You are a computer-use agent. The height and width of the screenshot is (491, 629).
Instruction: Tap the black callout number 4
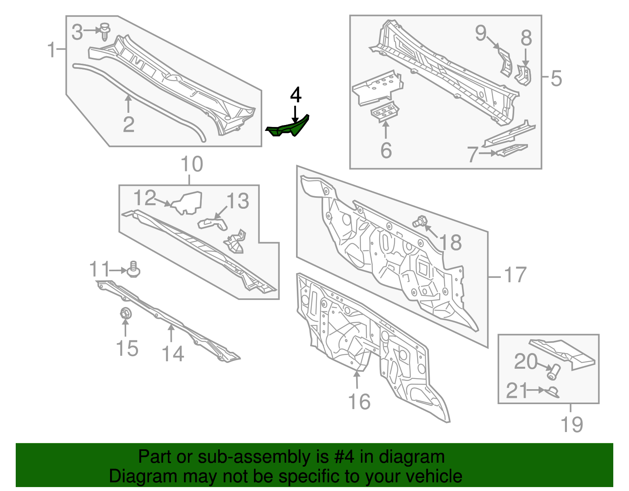[x=296, y=96]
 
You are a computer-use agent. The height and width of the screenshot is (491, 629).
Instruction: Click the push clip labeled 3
[x=105, y=31]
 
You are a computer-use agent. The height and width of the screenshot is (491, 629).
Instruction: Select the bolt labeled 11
[x=134, y=269]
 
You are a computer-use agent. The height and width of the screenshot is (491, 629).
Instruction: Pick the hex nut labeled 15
[x=125, y=314]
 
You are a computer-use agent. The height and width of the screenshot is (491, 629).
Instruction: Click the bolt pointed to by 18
[x=419, y=222]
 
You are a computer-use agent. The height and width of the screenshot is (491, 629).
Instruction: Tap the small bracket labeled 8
[x=524, y=75]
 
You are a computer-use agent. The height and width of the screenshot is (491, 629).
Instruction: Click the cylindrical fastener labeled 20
[x=554, y=371]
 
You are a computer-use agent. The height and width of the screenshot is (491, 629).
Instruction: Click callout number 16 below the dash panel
[x=359, y=402]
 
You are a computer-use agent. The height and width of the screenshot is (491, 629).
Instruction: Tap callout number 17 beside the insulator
[x=515, y=275]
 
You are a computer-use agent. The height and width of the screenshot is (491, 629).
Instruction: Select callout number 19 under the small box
[x=571, y=425]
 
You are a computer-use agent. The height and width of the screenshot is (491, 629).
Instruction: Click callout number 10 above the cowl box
[x=191, y=164]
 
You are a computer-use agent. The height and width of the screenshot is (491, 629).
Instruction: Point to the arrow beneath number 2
[x=128, y=104]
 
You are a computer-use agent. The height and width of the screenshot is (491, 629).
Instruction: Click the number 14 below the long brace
[x=173, y=354]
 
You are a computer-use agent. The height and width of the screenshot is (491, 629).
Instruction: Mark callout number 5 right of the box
[x=556, y=79]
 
